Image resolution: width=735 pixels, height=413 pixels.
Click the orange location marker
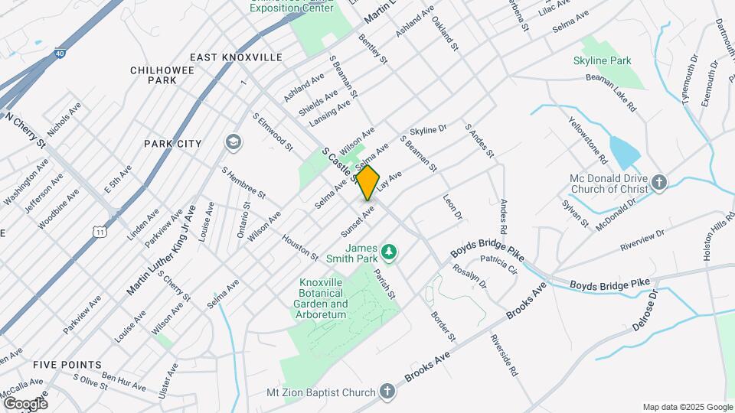pos(368,183)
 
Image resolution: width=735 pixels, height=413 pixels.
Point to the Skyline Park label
pos(602,60)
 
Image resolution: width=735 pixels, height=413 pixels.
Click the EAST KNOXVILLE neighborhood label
pos(236,57)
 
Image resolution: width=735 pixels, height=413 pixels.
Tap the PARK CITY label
pos(172,144)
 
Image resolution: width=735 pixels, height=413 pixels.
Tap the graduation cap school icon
pos(232,142)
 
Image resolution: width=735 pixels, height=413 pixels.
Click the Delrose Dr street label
pos(645,311)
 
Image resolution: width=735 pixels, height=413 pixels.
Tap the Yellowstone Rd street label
pos(588,140)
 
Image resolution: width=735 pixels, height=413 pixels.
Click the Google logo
pos(25,403)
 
